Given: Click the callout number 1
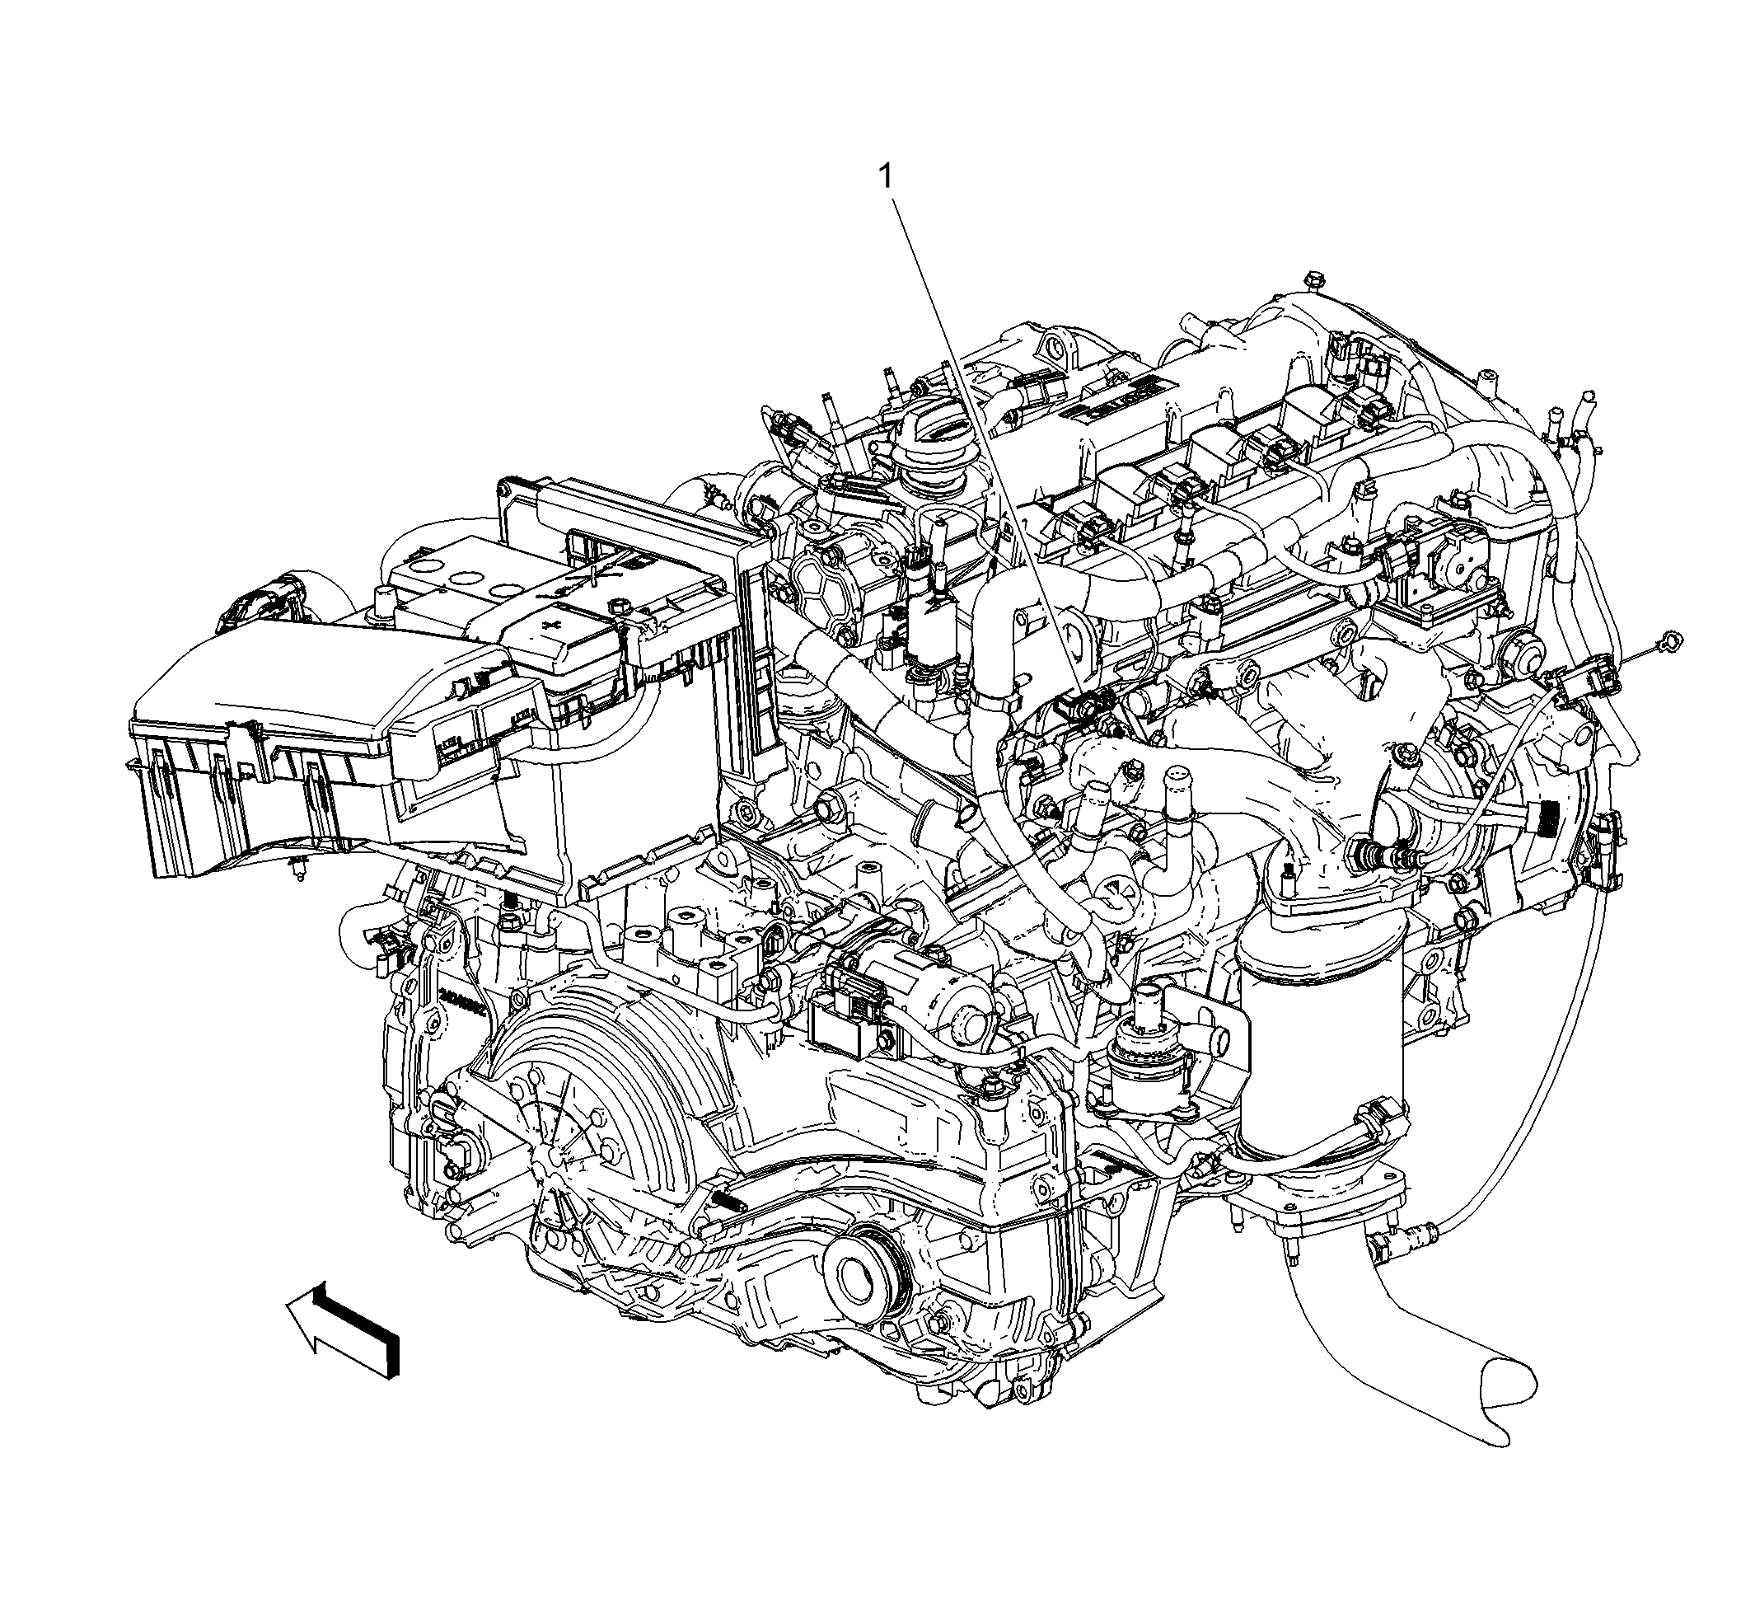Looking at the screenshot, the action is pyautogui.click(x=887, y=177).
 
